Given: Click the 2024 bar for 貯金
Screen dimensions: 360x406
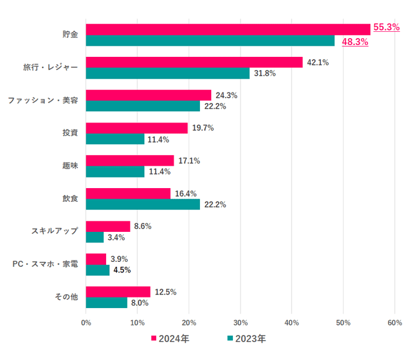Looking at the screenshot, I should pyautogui.click(x=228, y=29).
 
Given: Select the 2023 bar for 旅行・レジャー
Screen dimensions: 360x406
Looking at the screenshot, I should pyautogui.click(x=167, y=73).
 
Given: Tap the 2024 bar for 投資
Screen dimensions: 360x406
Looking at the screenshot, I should pyautogui.click(x=137, y=127).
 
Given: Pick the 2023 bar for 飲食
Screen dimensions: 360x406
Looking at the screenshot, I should pyautogui.click(x=143, y=204).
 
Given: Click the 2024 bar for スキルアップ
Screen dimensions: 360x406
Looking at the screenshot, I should pyautogui.click(x=108, y=226).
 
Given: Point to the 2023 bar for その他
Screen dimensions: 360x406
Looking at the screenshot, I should pyautogui.click(x=107, y=302).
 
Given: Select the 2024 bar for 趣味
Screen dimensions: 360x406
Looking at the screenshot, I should pyautogui.click(x=130, y=161).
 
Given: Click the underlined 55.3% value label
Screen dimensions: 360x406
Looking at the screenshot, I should pyautogui.click(x=386, y=27).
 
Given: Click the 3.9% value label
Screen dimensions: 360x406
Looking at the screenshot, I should pyautogui.click(x=120, y=259).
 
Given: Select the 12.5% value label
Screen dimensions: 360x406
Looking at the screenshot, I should pyautogui.click(x=166, y=292).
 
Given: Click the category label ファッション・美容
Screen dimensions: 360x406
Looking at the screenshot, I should pyautogui.click(x=42, y=100).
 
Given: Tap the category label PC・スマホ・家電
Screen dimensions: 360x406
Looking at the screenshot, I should pyautogui.click(x=45, y=264).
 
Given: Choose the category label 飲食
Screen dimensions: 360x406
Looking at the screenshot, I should pyautogui.click(x=69, y=198).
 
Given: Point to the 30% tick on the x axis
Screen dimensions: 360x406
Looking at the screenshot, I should pyautogui.click(x=240, y=322).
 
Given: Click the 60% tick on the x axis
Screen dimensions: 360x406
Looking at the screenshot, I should pyautogui.click(x=394, y=322).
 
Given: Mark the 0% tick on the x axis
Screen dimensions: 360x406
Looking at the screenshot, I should pyautogui.click(x=86, y=322).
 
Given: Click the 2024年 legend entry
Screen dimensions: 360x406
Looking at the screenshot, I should pyautogui.click(x=170, y=339).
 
